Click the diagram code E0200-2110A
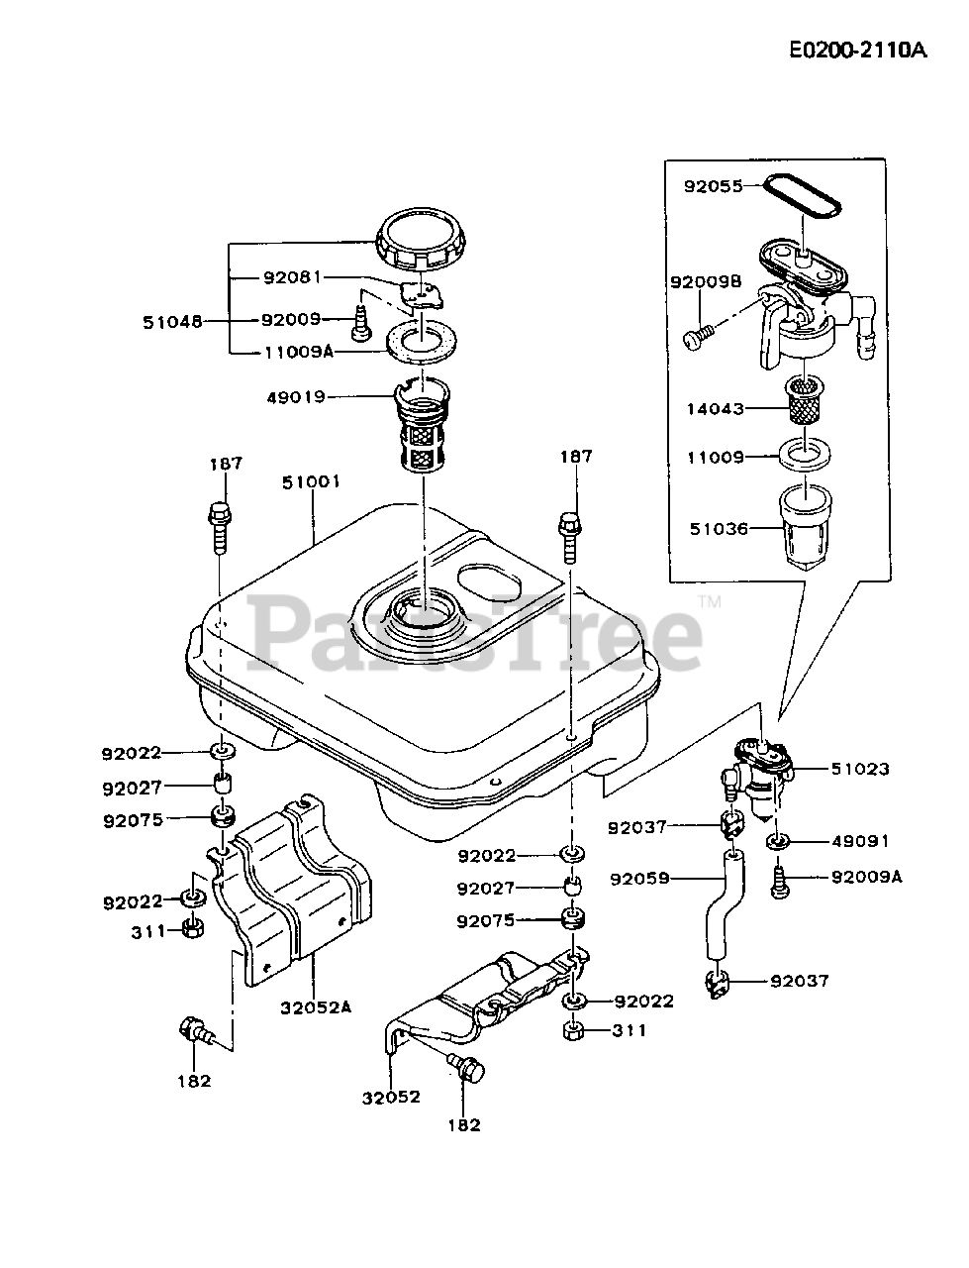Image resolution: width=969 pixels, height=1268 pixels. click(x=857, y=52)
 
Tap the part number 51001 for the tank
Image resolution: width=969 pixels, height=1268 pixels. click(x=312, y=482)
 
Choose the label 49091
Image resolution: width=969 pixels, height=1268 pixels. click(x=860, y=841)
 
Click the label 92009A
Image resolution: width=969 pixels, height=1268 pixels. click(x=866, y=877)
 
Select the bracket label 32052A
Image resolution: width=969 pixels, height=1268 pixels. click(x=316, y=1007)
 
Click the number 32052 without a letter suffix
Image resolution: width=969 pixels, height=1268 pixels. click(x=391, y=1097)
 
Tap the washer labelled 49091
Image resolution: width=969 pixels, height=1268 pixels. click(x=778, y=841)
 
